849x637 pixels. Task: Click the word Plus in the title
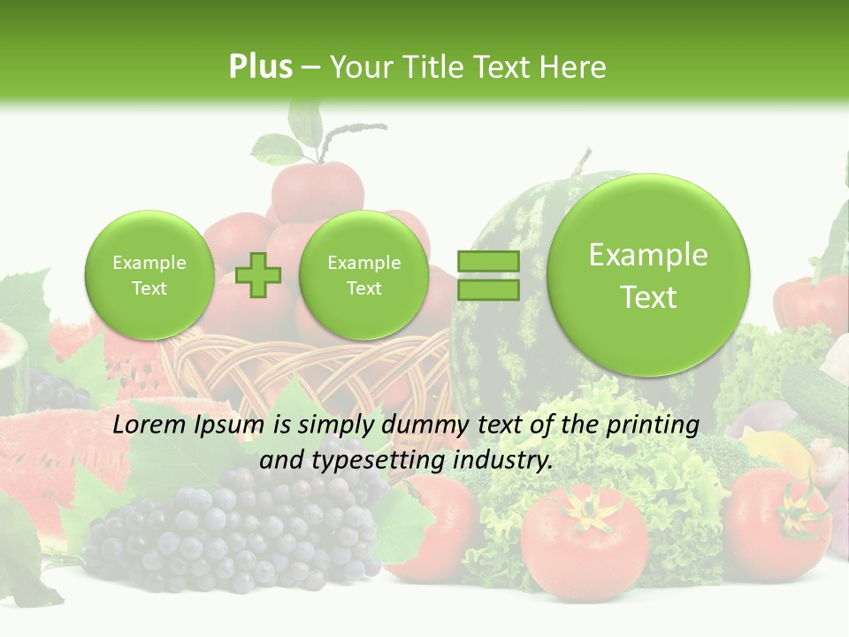pos(260,66)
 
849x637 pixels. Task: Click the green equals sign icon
pos(488,275)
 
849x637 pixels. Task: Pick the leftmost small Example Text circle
pos(149,275)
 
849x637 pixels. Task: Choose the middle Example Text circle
pos(363,275)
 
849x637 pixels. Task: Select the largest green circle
pos(648,275)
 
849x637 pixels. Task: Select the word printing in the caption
pos(652,426)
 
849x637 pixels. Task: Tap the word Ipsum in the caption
pos(231,426)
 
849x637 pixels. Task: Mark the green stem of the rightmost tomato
pos(801,509)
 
